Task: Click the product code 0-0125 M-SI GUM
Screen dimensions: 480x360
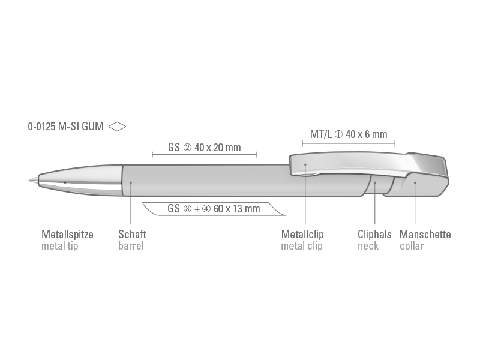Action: [66, 127]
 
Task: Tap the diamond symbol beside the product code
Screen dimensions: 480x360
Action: [117, 127]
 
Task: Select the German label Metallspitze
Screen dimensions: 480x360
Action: [67, 235]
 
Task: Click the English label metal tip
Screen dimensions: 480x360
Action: [59, 246]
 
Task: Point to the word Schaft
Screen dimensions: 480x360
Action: [132, 235]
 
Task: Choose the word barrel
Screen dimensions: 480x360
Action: [131, 246]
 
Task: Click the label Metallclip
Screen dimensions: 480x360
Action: [302, 235]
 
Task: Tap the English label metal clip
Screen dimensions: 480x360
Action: [302, 246]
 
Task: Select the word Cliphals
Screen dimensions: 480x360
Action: [374, 235]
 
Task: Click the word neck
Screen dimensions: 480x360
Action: [368, 246]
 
